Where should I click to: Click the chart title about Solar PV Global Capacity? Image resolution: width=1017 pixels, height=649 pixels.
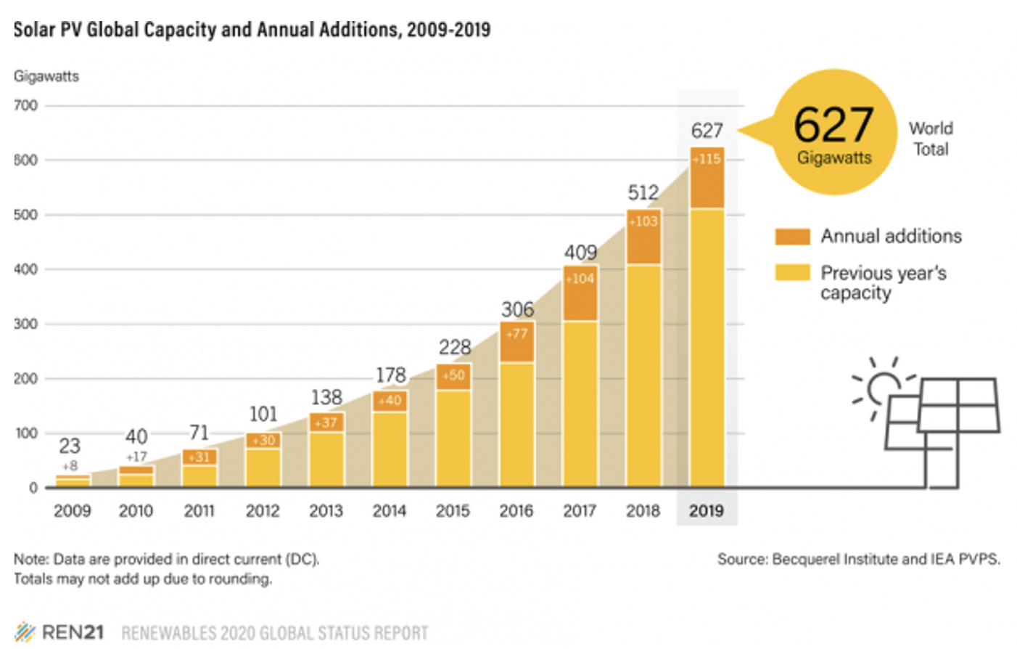coord(252,30)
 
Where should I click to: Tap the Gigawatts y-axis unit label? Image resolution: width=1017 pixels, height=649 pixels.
coord(46,76)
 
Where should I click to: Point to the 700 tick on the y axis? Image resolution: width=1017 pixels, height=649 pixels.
coord(26,106)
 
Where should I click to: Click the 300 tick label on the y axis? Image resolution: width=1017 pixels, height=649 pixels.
coord(26,324)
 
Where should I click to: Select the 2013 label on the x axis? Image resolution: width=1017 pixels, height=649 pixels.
coord(326,511)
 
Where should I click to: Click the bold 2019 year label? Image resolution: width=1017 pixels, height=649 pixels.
coord(707,511)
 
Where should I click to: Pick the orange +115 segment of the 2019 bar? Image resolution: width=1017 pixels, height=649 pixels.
coord(707,178)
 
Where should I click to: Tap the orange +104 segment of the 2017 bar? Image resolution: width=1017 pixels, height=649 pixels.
coord(580,294)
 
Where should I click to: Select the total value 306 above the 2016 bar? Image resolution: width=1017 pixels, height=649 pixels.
coord(517,309)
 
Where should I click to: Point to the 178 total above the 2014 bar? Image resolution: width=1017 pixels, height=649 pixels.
coord(390,375)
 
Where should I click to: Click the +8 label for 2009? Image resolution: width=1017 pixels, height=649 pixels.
coord(70,466)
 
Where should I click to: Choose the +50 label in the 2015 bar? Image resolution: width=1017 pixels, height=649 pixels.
coord(453,375)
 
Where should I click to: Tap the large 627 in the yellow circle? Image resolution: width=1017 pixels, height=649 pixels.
coord(833,124)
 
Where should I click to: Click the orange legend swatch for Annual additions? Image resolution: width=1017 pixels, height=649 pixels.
coord(792,237)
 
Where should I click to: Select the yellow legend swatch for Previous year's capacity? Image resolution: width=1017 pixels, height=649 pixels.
coord(792,273)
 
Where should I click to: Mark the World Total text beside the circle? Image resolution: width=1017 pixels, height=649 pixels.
coord(931,139)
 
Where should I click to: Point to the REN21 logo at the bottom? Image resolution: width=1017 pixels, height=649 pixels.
coord(59,632)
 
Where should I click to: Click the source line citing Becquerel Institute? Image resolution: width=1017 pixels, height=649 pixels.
coord(858,559)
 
